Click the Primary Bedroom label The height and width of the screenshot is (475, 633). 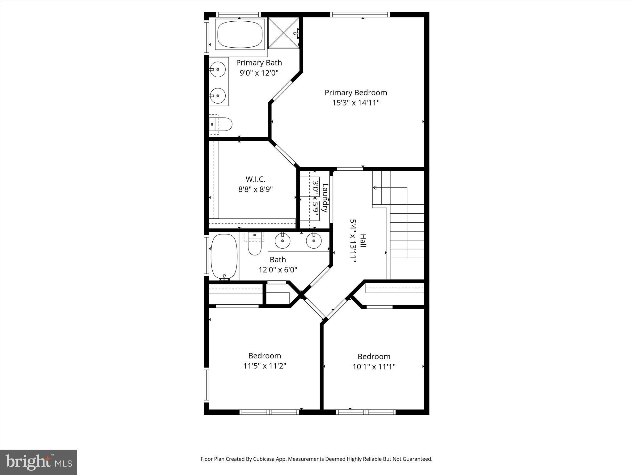tap(355, 92)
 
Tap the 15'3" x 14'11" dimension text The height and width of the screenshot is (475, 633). tap(355, 103)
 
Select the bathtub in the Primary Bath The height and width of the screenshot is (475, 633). tap(240, 34)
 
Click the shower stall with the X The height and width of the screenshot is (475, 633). tap(283, 33)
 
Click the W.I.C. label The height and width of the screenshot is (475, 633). tap(255, 179)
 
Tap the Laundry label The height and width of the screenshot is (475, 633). tap(325, 198)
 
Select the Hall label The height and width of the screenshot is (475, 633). tap(363, 241)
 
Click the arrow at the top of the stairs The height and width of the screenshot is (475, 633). tap(375, 187)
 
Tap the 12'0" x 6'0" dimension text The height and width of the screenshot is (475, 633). tap(278, 270)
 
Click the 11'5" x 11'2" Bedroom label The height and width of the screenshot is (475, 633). tap(265, 356)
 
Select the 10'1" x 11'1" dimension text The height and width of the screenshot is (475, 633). tap(374, 367)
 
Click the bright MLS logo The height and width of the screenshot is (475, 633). tap(38, 462)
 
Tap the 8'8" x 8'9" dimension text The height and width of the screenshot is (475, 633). tap(255, 189)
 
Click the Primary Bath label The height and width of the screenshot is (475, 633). tap(259, 63)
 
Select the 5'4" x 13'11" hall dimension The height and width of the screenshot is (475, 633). tap(353, 241)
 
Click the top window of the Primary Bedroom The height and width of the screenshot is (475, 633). tap(360, 14)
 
